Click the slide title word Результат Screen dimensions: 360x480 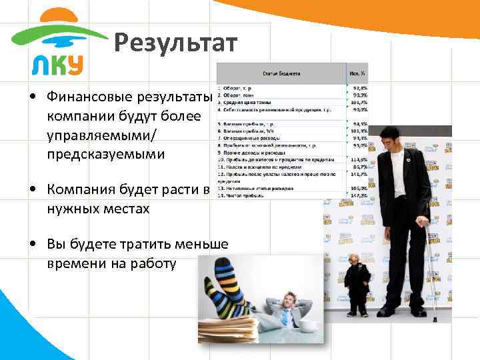(175, 44)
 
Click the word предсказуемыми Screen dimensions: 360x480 (105, 154)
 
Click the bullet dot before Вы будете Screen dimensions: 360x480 (31, 245)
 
